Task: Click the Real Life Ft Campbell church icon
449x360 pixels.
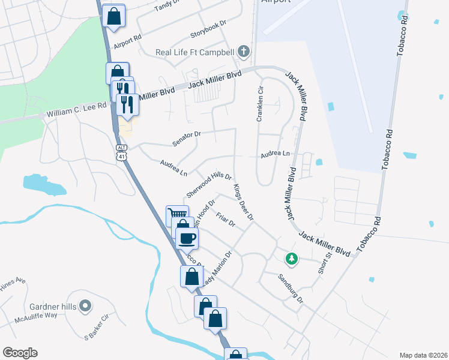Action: [244, 52]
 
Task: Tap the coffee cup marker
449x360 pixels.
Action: [187, 238]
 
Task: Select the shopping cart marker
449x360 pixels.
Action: [176, 215]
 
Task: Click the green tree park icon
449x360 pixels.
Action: [291, 259]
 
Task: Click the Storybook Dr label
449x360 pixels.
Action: [208, 26]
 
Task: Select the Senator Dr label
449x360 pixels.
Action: [185, 139]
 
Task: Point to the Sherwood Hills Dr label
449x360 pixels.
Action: [208, 185]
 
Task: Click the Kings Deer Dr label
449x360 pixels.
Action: [244, 201]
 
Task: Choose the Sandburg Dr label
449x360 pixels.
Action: [291, 287]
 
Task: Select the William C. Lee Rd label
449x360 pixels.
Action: [76, 110]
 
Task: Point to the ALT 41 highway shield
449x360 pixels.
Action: [122, 152]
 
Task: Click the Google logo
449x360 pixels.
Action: [20, 353]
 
